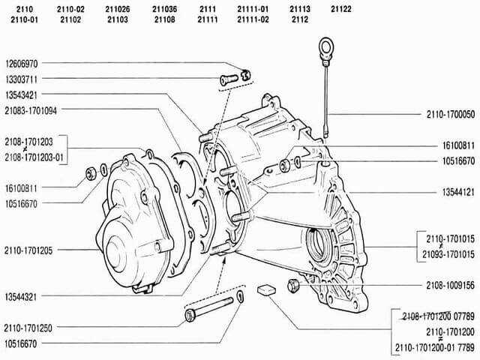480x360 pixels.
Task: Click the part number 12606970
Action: (x=22, y=64)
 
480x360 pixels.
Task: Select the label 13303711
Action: (x=22, y=79)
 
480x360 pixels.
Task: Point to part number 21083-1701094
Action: (x=31, y=110)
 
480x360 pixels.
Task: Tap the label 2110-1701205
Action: (x=28, y=250)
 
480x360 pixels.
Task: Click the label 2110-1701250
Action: (x=28, y=328)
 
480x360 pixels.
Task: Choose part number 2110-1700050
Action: (x=451, y=115)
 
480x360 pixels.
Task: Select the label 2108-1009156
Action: (x=451, y=286)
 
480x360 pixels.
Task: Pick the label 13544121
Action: (x=458, y=192)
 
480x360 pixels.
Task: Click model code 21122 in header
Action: (x=341, y=9)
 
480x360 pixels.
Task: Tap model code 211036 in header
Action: (x=165, y=9)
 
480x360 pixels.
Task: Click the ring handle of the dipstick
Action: (x=326, y=47)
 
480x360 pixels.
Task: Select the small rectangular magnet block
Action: (x=266, y=289)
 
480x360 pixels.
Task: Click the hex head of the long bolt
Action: (x=190, y=316)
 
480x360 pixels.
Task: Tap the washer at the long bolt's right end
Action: (x=241, y=297)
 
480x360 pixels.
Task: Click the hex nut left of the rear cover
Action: (x=91, y=173)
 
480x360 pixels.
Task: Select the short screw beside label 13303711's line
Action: (x=229, y=79)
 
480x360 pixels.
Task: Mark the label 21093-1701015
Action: (x=448, y=254)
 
